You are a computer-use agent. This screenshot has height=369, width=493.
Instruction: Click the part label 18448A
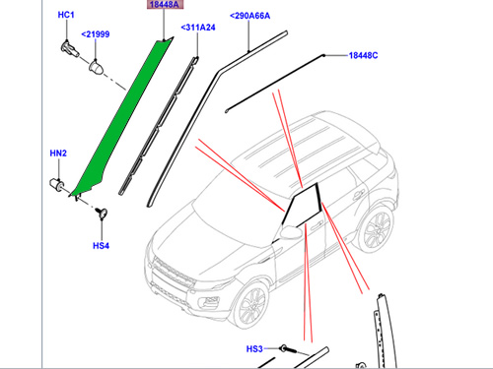[165, 4]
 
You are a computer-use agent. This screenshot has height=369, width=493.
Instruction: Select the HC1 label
[66, 15]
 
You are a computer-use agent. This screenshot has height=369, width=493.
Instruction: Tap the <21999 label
[96, 34]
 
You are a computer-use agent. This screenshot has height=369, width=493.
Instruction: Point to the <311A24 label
[198, 28]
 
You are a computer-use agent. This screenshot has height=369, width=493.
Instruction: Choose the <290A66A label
[249, 16]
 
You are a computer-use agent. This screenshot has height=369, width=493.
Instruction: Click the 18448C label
[363, 55]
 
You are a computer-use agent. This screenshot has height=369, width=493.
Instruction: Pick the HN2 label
[58, 154]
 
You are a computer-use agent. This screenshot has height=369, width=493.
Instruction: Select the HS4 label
[101, 246]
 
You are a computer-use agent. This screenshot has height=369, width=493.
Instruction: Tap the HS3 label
[254, 348]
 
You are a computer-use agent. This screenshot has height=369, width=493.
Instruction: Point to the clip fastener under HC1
[70, 49]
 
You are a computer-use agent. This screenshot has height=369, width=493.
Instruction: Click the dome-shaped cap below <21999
[97, 67]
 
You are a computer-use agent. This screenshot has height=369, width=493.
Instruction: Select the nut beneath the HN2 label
[57, 184]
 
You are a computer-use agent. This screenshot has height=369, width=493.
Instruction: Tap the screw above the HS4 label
[102, 213]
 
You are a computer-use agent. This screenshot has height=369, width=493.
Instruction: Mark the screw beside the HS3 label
[288, 349]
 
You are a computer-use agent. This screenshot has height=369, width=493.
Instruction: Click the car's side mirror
[290, 231]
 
